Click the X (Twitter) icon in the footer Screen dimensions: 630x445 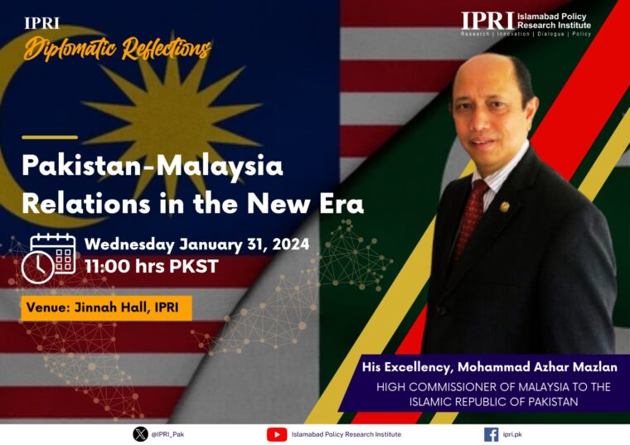click(x=140, y=434)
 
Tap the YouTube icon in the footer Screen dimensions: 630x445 click(x=277, y=434)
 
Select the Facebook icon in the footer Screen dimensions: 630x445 click(x=491, y=434)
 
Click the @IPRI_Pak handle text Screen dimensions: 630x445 click(x=167, y=434)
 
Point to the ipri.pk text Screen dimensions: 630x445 click(x=512, y=434)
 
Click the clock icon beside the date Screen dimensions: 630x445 click(x=37, y=268)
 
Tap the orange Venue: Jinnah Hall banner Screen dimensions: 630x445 click(x=106, y=308)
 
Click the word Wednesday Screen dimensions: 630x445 click(x=129, y=244)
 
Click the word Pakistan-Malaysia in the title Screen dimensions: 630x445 click(x=153, y=166)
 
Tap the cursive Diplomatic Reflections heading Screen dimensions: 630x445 click(x=118, y=49)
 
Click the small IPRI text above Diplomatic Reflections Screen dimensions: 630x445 click(x=41, y=23)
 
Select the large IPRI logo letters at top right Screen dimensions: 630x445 click(x=487, y=21)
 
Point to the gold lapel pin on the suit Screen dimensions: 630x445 click(x=505, y=206)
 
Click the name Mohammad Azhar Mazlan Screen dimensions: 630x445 click(x=537, y=367)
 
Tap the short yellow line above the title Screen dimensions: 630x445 click(x=50, y=138)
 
